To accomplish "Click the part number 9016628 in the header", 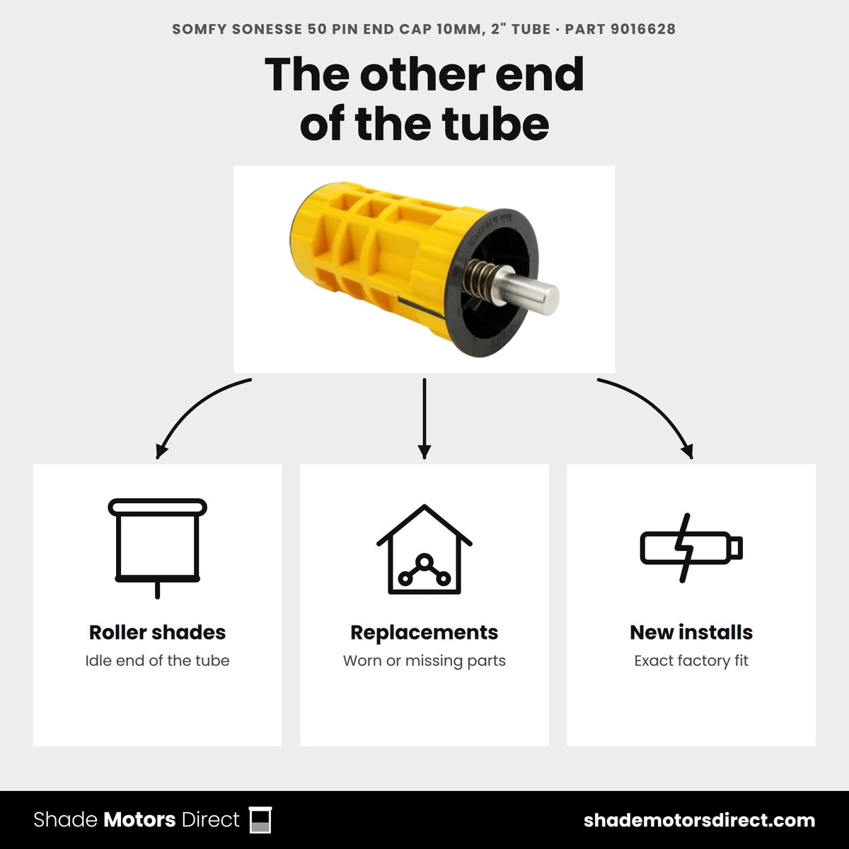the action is [643, 29].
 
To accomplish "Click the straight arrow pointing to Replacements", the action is [424, 419].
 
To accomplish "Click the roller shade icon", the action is [157, 548].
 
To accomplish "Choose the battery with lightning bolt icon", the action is [691, 548].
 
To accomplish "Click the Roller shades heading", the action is [157, 633].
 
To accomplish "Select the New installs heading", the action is [691, 633].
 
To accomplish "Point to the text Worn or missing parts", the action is [424, 661].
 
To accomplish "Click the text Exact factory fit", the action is [691, 661].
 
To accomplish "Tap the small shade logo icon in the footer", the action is [260, 820].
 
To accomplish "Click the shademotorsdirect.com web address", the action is [699, 821].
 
